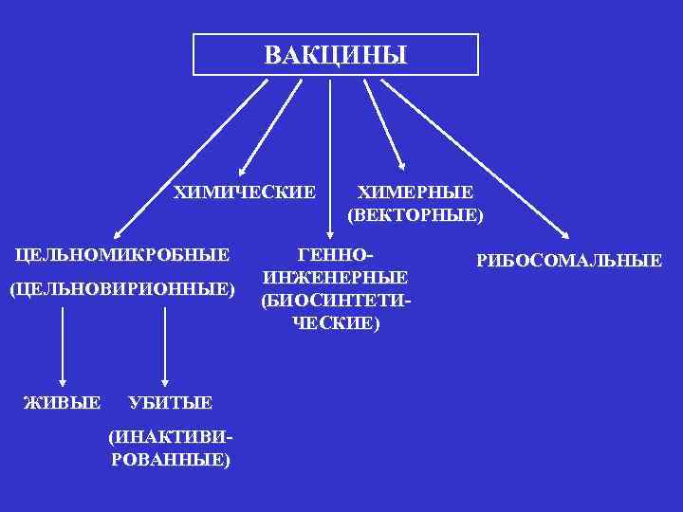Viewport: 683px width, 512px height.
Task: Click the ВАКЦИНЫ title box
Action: coord(336,55)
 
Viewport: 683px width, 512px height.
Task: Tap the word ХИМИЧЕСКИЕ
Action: coord(245,192)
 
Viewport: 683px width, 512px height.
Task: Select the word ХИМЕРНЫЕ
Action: coord(415,192)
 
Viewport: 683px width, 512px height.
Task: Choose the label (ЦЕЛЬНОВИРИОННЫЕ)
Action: coord(120,287)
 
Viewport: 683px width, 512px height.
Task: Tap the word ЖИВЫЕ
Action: coord(62,403)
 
